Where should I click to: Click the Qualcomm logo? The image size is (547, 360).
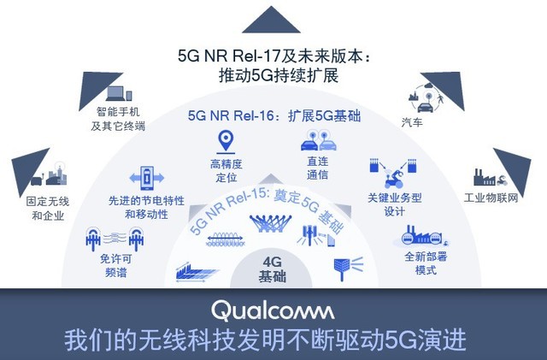point(273,309)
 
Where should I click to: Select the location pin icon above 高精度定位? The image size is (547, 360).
point(226,142)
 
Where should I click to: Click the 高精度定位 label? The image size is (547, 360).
point(226,171)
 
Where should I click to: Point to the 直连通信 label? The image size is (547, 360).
point(316,168)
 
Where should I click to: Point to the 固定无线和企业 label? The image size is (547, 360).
point(49,209)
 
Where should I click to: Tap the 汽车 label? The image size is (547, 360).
point(412,123)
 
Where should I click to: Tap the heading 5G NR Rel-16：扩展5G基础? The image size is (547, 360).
point(272,115)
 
